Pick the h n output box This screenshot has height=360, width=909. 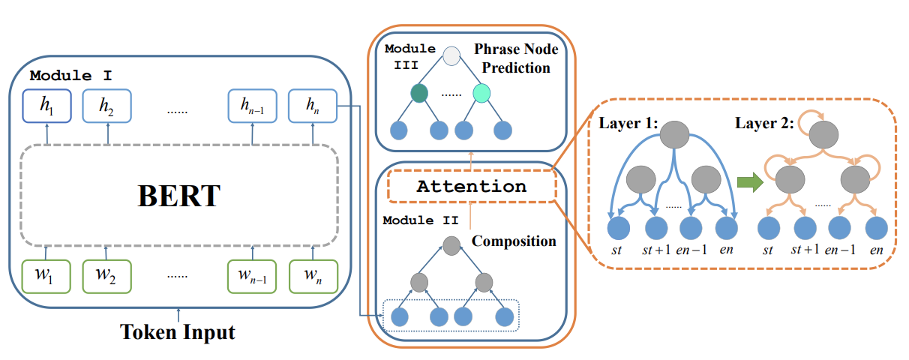coord(312,106)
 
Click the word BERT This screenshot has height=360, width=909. coord(178,196)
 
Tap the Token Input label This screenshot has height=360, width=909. coord(178,330)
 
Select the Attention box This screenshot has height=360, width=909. coord(471,187)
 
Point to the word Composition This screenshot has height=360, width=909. coord(514,241)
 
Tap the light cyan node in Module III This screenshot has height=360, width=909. coord(481,94)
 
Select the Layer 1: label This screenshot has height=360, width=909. coord(629,123)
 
